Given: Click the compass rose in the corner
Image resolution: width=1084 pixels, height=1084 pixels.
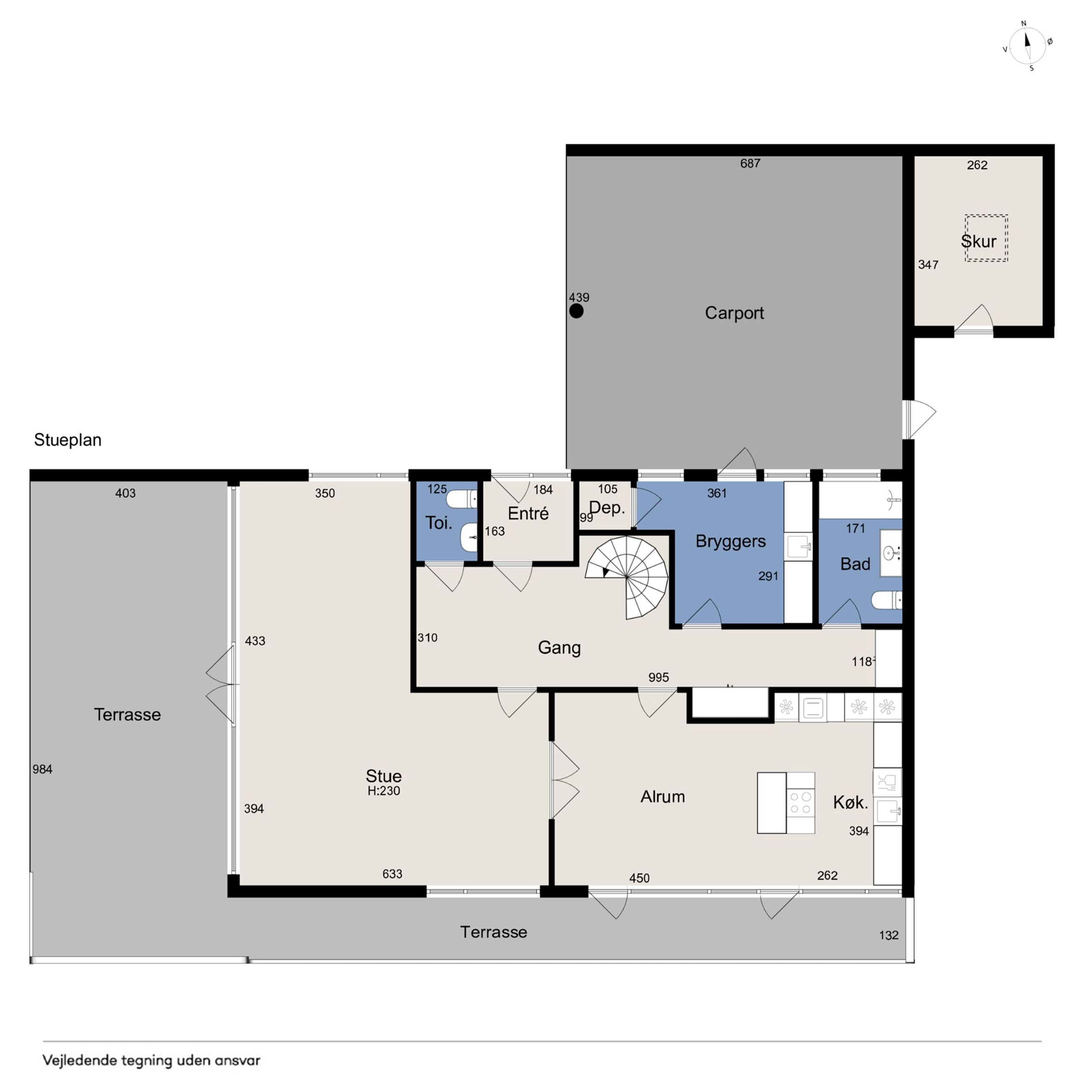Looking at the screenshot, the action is pos(1027,46).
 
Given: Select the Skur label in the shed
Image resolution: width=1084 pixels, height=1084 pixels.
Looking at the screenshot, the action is pos(979,241).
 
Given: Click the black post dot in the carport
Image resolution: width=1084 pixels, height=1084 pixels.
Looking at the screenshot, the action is pos(576,311).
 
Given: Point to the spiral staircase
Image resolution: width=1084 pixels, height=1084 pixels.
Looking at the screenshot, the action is pos(627,577).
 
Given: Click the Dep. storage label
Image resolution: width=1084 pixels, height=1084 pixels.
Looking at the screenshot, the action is pos(607,508).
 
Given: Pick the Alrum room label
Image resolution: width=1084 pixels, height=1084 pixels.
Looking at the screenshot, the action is pos(662,797).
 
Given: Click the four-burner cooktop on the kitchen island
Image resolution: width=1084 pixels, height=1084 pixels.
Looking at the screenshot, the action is pos(800,802).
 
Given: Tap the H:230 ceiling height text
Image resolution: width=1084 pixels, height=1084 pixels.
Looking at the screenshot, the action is pos(384,791).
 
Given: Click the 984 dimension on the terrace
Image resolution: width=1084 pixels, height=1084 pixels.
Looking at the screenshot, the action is pos(43,769).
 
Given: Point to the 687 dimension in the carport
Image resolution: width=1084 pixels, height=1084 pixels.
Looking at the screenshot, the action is pos(750,163).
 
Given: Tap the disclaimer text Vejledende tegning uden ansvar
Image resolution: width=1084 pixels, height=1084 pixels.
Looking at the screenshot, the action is pos(151,1060).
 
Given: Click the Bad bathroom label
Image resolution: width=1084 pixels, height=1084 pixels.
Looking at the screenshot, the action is pos(855,564).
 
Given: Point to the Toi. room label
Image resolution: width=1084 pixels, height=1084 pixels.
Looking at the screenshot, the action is pos(439,523).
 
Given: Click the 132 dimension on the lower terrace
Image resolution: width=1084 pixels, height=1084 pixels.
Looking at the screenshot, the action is pos(889,935).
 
